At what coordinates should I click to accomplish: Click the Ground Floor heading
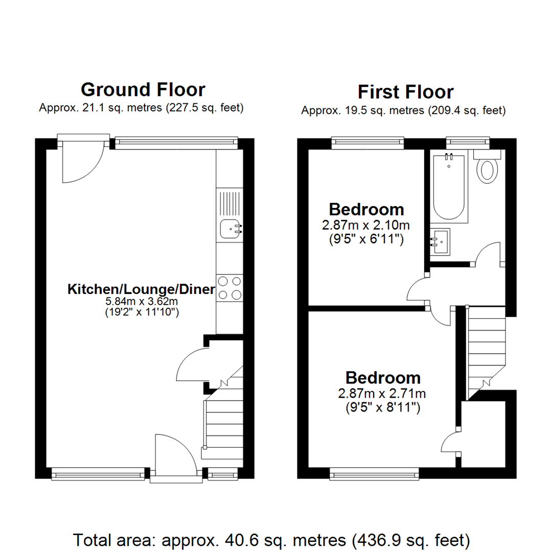coord(143,89)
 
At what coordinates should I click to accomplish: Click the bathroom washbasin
coord(440,241)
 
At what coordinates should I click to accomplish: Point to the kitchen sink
coord(231,229)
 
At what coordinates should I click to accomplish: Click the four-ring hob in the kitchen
coord(229,287)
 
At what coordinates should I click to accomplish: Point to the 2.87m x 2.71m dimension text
coord(383,394)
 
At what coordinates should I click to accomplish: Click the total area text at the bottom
coord(271,539)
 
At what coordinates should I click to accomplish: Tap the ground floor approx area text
coord(141,108)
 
